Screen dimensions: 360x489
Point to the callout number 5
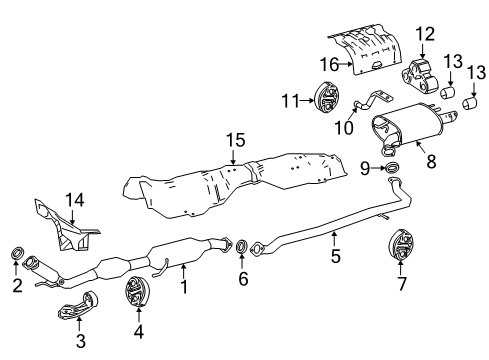pyautogui.click(x=336, y=256)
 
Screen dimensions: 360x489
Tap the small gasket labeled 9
pyautogui.click(x=391, y=166)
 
